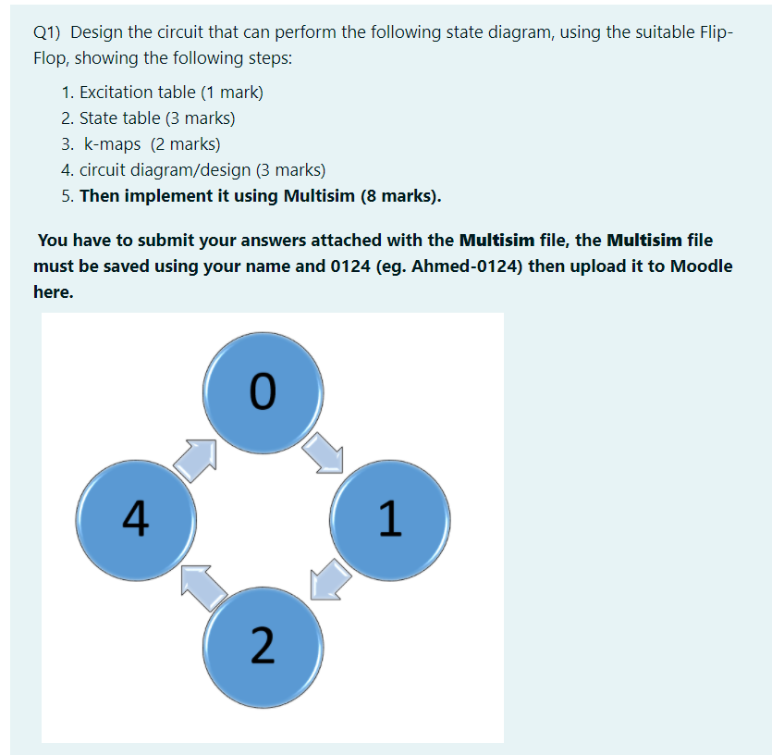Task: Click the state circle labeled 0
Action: (263, 392)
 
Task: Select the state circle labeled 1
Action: (390, 520)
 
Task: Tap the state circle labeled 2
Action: (263, 648)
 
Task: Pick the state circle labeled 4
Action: (136, 520)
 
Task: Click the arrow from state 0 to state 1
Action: (324, 453)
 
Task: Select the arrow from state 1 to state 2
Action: (330, 580)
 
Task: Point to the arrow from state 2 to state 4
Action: (203, 587)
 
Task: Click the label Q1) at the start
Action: (46, 32)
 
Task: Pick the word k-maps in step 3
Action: (113, 145)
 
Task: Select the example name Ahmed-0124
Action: (463, 266)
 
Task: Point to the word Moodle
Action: (701, 266)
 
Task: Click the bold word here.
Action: (54, 292)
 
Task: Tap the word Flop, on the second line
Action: (52, 59)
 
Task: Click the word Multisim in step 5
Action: (319, 196)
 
